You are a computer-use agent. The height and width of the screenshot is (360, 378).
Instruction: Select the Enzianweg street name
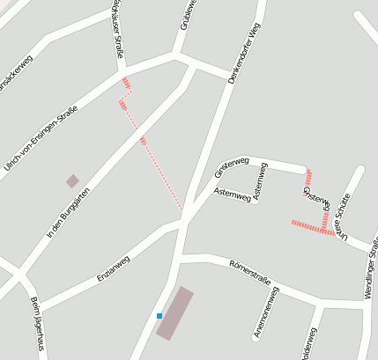pyautogui.click(x=113, y=268)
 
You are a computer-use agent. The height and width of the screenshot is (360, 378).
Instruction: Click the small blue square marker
pyautogui.click(x=159, y=315)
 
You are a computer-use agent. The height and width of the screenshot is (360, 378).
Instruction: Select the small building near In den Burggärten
pyautogui.click(x=72, y=180)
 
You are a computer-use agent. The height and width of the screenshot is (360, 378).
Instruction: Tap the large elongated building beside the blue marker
pyautogui.click(x=175, y=312)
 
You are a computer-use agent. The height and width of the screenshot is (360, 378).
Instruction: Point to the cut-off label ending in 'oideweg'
pyautogui.click(x=309, y=345)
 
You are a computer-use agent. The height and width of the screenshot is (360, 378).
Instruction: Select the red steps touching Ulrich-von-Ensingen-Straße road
pyautogui.click(x=127, y=84)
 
